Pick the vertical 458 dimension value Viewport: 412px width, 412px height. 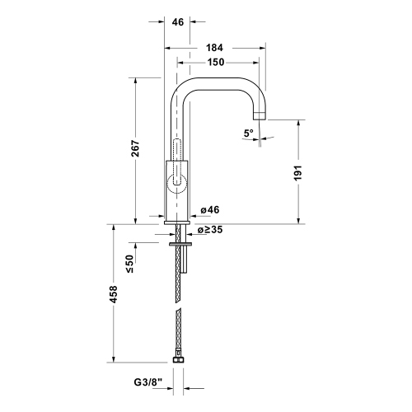click(x=114, y=293)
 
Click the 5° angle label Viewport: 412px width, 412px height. click(x=248, y=132)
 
